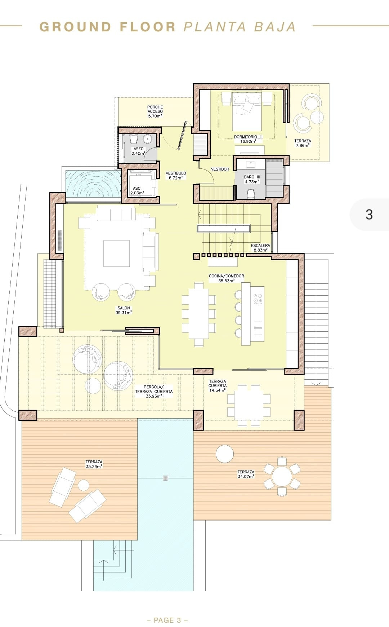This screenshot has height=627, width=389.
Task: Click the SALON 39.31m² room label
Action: pyautogui.click(x=124, y=310)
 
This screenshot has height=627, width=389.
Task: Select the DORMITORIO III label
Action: pyautogui.click(x=248, y=139)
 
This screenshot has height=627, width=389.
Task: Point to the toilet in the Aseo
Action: pyautogui.click(x=133, y=139)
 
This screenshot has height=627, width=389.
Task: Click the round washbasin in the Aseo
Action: pyautogui.click(x=147, y=139)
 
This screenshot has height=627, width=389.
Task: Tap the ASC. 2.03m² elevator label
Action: pyautogui.click(x=137, y=191)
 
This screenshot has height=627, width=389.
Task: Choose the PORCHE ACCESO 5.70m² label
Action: pyautogui.click(x=155, y=111)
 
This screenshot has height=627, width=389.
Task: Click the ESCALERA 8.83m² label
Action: pyautogui.click(x=260, y=248)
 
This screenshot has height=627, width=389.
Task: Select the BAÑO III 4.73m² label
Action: pyautogui.click(x=251, y=179)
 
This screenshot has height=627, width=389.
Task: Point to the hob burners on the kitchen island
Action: pyautogui.click(x=258, y=298)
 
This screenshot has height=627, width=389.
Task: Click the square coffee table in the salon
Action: pyautogui.click(x=116, y=253)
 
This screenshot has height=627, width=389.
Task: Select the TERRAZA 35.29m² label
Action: pyautogui.click(x=94, y=464)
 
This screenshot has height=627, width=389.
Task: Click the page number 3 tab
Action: pyautogui.click(x=369, y=215)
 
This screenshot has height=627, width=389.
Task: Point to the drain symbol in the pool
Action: pyautogui.click(x=165, y=478)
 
